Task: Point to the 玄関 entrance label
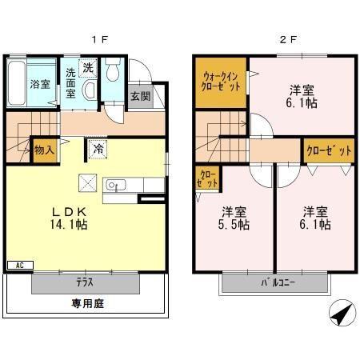point(140,96)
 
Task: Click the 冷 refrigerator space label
point(98,148)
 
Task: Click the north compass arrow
point(341,314)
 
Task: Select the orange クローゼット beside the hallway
point(329,150)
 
